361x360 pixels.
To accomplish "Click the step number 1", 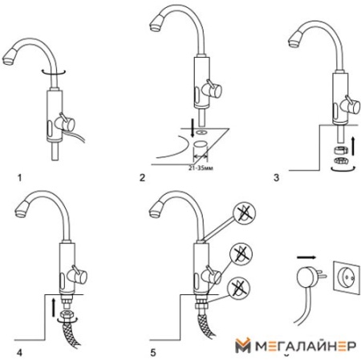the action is tap(19, 178).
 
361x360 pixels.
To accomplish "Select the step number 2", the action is tap(142, 178).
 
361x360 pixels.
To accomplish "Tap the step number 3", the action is tap(276, 178).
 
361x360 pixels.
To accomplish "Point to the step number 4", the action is tap(19, 353).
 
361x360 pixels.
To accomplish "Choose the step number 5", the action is tap(153, 353).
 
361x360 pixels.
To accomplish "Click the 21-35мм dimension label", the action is tap(201, 168).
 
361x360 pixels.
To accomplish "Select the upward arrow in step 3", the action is tap(353, 145).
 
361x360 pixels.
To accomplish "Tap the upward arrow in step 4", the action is tap(54, 308).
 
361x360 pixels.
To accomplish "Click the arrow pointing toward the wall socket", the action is tap(306, 257).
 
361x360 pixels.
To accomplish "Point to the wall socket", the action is tap(347, 277).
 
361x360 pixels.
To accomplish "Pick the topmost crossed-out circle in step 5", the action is tap(245, 213).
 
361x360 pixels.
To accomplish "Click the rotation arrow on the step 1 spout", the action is tap(54, 71).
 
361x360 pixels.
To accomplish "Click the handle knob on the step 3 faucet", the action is tap(352, 106).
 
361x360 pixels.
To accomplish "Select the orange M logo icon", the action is tap(243, 345).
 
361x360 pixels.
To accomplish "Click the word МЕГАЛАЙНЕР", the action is tap(306, 346).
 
